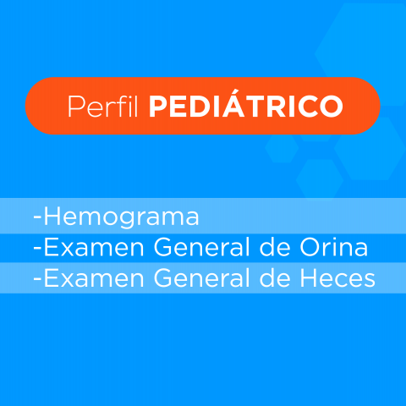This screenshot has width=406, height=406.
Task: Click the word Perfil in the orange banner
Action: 102,107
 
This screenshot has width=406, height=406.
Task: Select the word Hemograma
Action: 122,217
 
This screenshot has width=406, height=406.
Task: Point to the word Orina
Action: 333,247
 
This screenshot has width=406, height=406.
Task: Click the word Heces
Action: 337,278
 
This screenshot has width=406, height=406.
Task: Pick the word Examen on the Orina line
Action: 94,247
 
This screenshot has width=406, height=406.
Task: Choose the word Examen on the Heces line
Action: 94,278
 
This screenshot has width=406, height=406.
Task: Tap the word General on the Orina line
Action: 202,247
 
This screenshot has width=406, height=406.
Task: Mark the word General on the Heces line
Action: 202,278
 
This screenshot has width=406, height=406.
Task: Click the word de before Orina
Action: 275,247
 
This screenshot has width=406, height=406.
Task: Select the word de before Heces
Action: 275,278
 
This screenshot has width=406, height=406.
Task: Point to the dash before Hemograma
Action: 37,218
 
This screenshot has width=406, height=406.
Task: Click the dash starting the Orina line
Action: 37,249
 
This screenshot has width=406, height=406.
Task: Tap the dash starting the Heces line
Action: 37,280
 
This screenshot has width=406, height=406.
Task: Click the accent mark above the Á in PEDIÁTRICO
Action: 234,92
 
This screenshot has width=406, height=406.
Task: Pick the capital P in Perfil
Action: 76,107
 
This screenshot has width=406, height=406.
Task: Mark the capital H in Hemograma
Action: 52,217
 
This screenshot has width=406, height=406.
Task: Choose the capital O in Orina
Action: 310,247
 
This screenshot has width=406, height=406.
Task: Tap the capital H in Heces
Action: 309,278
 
